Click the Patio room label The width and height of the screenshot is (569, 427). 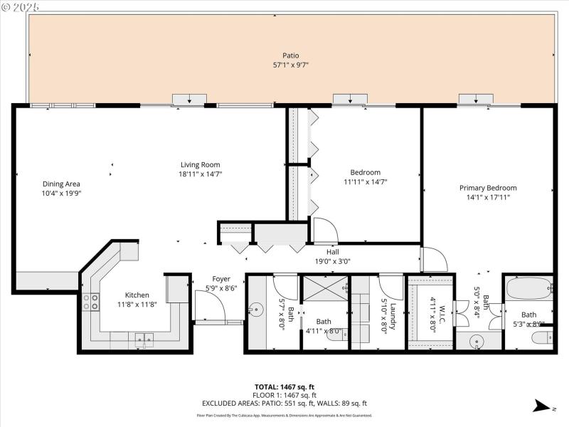click(290, 56)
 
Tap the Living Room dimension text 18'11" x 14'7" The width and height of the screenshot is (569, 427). click(201, 174)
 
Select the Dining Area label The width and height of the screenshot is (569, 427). click(61, 184)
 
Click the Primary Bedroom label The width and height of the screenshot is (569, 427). click(488, 188)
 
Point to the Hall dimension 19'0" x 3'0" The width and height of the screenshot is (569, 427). click(333, 260)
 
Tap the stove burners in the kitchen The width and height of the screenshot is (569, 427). click(91, 302)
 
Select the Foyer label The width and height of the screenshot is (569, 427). click(221, 279)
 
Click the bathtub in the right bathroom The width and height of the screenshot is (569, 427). click(529, 289)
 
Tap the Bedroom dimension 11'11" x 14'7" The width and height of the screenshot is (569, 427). click(365, 182)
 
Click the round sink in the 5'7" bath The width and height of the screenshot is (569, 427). click(256, 311)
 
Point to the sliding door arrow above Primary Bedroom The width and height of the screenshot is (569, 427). click(476, 100)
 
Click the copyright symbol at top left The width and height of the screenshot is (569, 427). click(5, 6)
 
